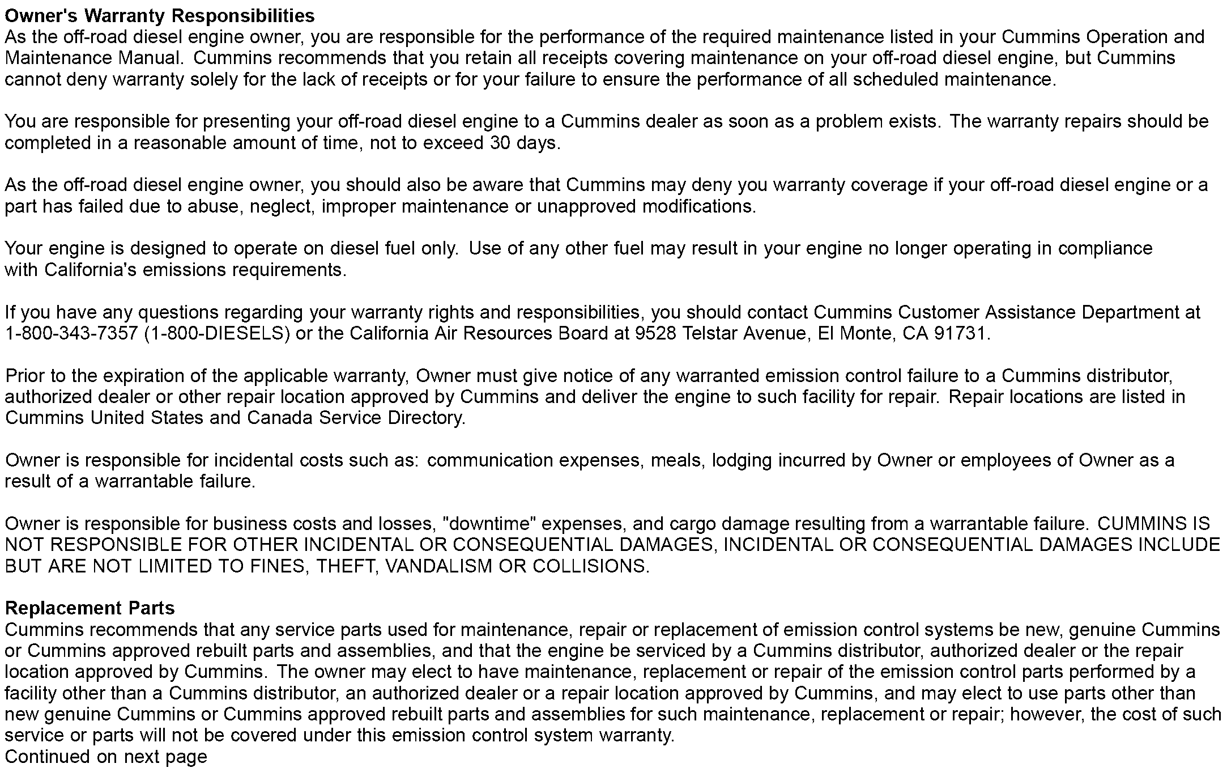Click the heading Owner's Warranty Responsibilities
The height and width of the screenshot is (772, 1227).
159,15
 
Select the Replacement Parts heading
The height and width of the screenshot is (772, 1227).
90,608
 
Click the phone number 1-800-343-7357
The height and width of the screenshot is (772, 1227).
71,333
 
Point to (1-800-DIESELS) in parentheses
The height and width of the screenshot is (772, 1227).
217,333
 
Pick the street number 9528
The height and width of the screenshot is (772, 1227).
655,333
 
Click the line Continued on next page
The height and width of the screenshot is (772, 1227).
106,757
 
